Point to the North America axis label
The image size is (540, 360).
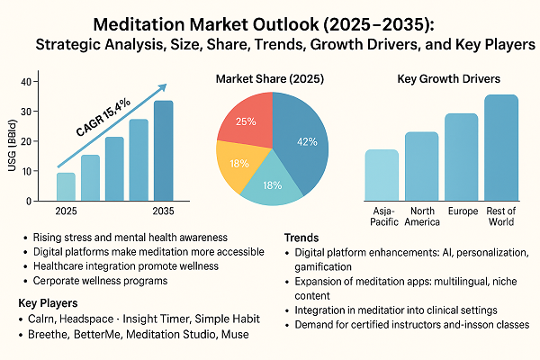click(x=421, y=217)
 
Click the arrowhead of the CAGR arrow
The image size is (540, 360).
click(x=163, y=88)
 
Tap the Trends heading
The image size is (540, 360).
click(x=302, y=237)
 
